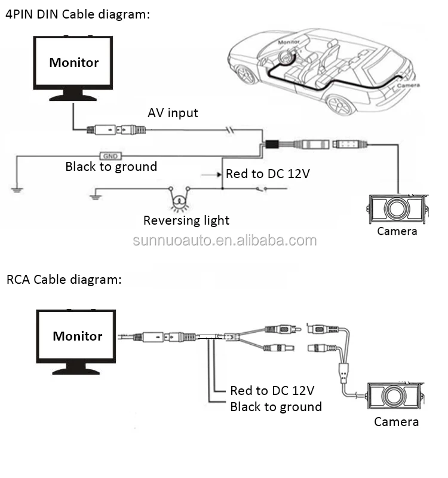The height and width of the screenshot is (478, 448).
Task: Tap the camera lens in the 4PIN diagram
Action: (x=395, y=209)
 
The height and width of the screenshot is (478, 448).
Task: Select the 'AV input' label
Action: (x=173, y=113)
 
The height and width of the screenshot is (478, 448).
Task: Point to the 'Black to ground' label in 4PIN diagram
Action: (x=111, y=167)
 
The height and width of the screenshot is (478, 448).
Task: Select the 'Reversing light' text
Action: (x=186, y=220)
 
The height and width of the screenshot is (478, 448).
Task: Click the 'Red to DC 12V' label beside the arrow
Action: (x=268, y=174)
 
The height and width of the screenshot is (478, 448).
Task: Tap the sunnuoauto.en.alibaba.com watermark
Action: (x=224, y=241)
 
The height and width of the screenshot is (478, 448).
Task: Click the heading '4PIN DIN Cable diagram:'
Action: (x=78, y=15)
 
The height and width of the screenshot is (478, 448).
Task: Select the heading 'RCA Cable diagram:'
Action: (x=64, y=279)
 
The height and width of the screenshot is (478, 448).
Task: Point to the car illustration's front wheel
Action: (x=246, y=74)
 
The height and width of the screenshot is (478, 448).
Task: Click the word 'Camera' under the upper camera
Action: (x=397, y=231)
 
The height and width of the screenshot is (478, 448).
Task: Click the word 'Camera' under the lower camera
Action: (x=396, y=422)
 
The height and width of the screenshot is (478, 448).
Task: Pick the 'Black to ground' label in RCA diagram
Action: (x=276, y=407)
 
